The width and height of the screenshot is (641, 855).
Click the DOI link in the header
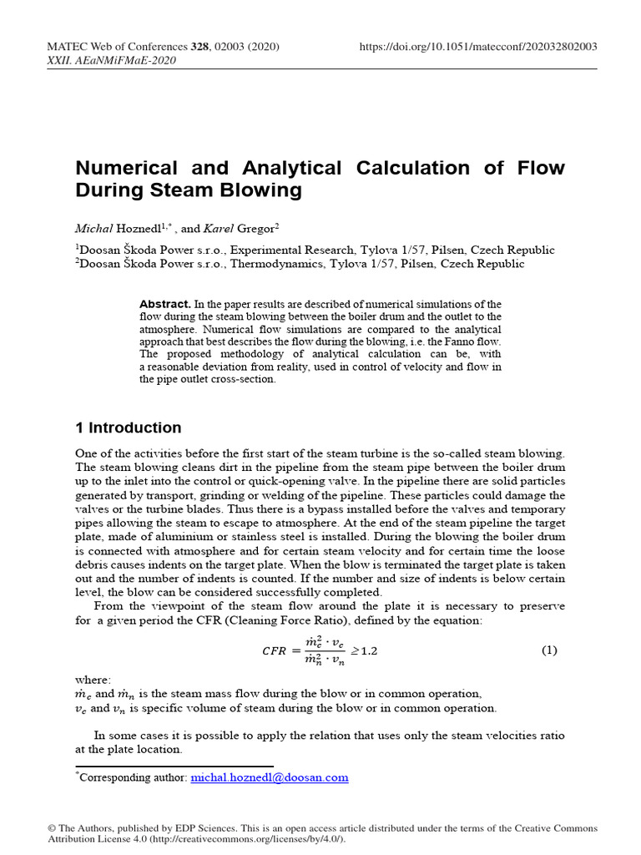pyautogui.click(x=477, y=48)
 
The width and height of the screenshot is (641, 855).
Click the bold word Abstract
pyautogui.click(x=165, y=304)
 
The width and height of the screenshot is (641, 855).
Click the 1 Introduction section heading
pyautogui.click(x=128, y=428)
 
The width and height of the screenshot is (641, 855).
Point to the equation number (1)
pyautogui.click(x=549, y=650)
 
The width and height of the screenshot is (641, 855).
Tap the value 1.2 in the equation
pyautogui.click(x=368, y=651)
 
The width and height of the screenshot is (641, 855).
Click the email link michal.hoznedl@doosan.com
pyautogui.click(x=269, y=777)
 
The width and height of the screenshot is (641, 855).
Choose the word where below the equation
pyautogui.click(x=92, y=680)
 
